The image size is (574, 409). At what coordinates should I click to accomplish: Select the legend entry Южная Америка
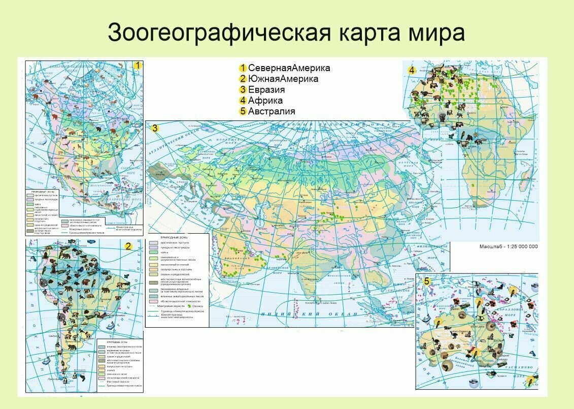click(283, 79)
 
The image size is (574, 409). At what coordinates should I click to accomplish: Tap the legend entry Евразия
click(266, 90)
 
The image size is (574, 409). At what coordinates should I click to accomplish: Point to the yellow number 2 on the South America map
click(128, 246)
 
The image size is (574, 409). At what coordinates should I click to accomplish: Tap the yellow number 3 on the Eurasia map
click(155, 129)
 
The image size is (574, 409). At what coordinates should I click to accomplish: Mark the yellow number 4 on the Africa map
click(412, 70)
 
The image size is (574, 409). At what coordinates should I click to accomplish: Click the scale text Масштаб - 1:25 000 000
click(508, 246)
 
